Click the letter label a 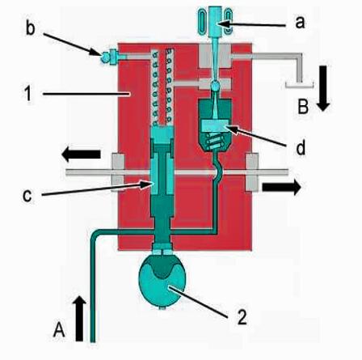pyautogui.click(x=300, y=22)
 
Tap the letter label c pyautogui.click(x=27, y=196)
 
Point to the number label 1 pyautogui.click(x=27, y=94)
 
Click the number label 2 pyautogui.click(x=242, y=316)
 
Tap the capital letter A pyautogui.click(x=59, y=329)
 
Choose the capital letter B pyautogui.click(x=303, y=106)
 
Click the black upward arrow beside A pyautogui.click(x=79, y=319)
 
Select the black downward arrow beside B pyautogui.click(x=323, y=88)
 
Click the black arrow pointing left pyautogui.click(x=81, y=155)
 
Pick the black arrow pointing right pyautogui.click(x=282, y=187)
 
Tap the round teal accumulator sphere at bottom pyautogui.click(x=162, y=281)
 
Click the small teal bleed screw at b pyautogui.click(x=105, y=57)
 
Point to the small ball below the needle pyautogui.click(x=215, y=87)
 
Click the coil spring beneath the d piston pyautogui.click(x=215, y=142)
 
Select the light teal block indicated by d pyautogui.click(x=215, y=125)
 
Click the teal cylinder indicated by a pyautogui.click(x=215, y=21)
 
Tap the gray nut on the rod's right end pyautogui.click(x=252, y=172)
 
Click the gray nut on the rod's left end pyautogui.click(x=118, y=172)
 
